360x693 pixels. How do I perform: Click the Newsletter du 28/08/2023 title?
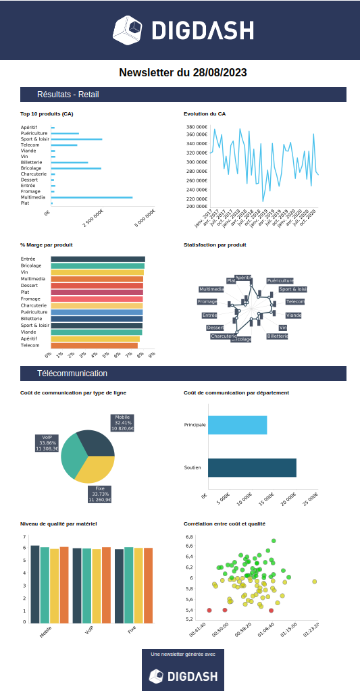182,72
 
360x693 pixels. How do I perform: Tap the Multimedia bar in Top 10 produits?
91,197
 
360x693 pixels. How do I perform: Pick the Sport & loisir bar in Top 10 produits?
76,139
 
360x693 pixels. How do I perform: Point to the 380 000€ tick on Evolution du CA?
197,127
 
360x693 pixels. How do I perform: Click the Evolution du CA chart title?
205,114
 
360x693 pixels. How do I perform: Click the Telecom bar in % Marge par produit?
94,345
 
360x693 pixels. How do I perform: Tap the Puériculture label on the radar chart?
280,280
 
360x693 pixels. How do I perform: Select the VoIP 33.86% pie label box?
47,443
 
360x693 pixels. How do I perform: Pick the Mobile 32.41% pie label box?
122,423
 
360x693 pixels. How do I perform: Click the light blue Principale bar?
237,425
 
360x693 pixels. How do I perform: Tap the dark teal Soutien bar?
252,467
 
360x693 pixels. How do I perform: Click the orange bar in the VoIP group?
106,585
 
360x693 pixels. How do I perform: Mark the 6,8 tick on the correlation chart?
190,546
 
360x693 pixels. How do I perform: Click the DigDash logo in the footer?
182,675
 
